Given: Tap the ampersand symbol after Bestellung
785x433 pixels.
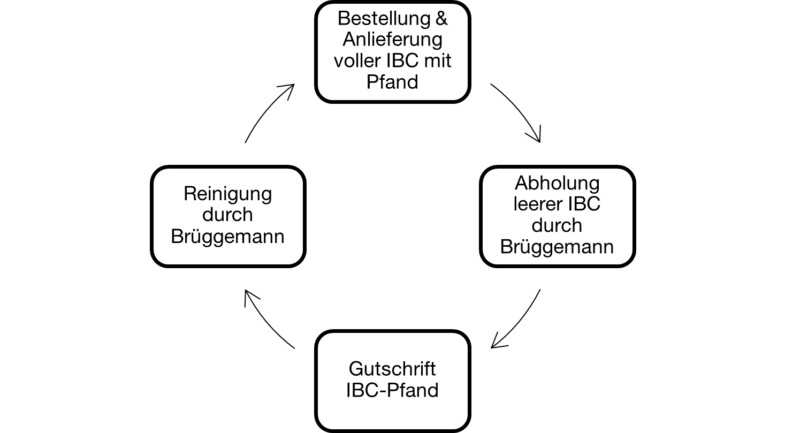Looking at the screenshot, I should [440, 19].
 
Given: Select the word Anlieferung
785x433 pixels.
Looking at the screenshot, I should [392, 40].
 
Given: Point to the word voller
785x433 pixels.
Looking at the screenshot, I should [357, 60].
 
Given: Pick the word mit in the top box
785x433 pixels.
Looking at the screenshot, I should [438, 60].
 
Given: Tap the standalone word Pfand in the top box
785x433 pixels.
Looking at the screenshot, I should [392, 82].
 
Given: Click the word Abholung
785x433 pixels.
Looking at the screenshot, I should [557, 183].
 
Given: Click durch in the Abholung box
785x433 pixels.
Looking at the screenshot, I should [557, 225].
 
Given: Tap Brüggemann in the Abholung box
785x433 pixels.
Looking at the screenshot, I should [557, 247].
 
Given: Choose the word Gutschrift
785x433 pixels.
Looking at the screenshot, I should [392, 369].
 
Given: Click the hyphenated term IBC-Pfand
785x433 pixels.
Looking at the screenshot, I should [392, 390].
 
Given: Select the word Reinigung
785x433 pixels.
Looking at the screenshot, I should [227, 193].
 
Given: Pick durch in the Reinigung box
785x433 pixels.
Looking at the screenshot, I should [227, 215].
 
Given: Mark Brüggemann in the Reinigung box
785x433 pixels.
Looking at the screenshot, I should [227, 236].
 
